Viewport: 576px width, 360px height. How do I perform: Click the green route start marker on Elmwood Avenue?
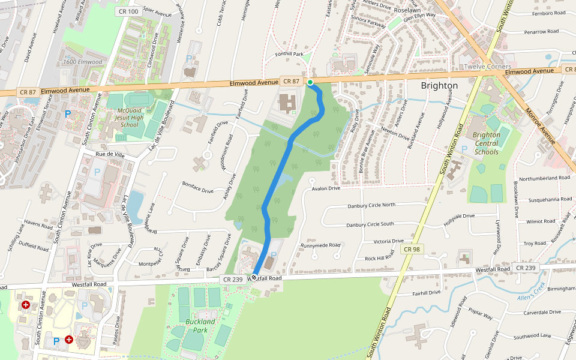pyautogui.click(x=310, y=82)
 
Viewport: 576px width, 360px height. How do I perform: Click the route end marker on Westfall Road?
pyautogui.click(x=254, y=277)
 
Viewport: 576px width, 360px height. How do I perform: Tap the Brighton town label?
pyautogui.click(x=439, y=86)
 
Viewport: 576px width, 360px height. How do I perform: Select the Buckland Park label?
pyautogui.click(x=200, y=326)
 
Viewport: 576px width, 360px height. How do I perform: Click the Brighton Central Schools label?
pyautogui.click(x=486, y=143)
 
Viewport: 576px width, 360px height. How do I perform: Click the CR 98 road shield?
pyautogui.click(x=412, y=249)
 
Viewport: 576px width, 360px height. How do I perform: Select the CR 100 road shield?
pyautogui.click(x=128, y=11)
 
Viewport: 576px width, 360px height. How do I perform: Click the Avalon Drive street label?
pyautogui.click(x=326, y=188)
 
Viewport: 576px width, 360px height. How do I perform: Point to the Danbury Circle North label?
pyautogui.click(x=371, y=205)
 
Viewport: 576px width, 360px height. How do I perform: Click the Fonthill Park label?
pyautogui.click(x=290, y=54)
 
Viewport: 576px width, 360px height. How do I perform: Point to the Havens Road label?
pyautogui.click(x=39, y=225)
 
